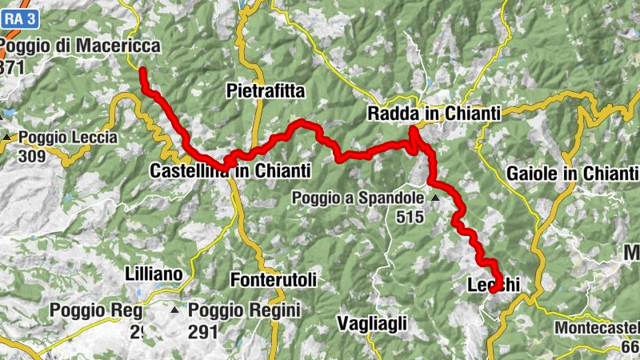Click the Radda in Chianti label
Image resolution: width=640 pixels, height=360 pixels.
(x=434, y=114)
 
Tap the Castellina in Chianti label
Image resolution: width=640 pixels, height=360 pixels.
(x=230, y=171)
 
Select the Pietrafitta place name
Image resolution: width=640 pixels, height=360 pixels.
(x=266, y=91)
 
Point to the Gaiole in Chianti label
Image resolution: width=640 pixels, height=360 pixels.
(x=571, y=174)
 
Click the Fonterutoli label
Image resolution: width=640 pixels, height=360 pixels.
(x=273, y=280)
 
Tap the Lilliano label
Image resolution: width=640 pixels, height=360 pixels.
(x=154, y=274)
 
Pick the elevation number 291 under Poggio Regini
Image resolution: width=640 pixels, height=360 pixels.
(x=203, y=328)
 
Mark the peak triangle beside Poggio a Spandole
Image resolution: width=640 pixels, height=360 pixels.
(x=435, y=198)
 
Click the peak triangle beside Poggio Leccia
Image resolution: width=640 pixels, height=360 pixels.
(x=8, y=138)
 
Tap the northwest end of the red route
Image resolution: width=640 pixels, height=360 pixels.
(x=142, y=71)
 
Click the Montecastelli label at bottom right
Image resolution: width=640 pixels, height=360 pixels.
(x=598, y=328)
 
